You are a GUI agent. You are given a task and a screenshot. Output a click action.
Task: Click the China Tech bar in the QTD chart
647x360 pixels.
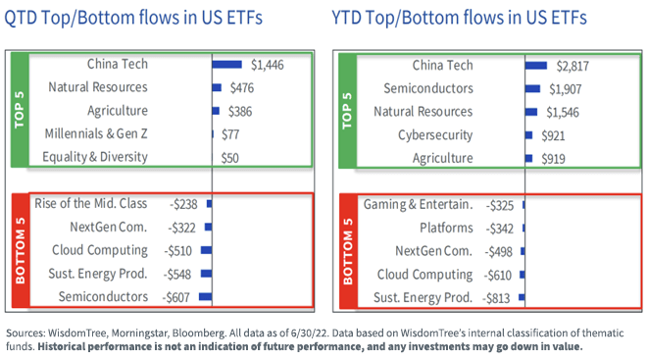click(x=227, y=65)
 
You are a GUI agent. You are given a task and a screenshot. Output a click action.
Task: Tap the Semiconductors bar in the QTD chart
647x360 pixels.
click(x=206, y=296)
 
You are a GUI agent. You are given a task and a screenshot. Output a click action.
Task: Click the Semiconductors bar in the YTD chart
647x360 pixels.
click(x=533, y=88)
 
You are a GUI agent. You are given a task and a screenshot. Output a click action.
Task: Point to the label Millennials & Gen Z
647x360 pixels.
click(x=96, y=133)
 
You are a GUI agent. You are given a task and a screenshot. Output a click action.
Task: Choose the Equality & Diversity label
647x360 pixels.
click(x=95, y=157)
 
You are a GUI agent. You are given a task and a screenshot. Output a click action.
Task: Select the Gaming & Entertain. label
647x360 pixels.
click(x=419, y=204)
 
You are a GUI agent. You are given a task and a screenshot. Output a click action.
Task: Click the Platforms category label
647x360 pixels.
click(x=444, y=228)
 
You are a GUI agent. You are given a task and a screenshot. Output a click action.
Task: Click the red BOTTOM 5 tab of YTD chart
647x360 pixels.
click(x=345, y=250)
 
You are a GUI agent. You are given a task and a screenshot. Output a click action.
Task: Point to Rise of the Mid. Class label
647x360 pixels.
click(x=90, y=204)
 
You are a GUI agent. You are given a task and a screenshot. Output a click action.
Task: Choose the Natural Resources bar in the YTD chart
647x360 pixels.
click(x=532, y=111)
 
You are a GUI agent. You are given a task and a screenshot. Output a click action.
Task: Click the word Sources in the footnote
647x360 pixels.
click(x=29, y=332)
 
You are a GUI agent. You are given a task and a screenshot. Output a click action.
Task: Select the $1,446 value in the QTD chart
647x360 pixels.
click(x=270, y=65)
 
